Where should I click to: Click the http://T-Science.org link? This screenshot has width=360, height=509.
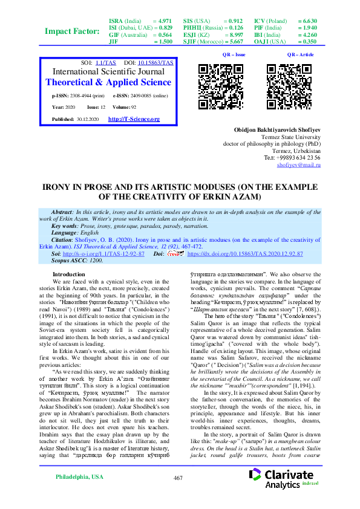pos(134,119)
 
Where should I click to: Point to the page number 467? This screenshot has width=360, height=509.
pos(178,478)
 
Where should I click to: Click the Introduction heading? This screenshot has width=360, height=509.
pos(70,274)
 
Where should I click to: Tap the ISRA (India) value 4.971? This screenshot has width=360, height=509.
pos(163,21)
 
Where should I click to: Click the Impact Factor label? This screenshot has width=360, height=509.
pos(73,31)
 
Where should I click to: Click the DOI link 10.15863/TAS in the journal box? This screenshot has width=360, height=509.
pos(155,62)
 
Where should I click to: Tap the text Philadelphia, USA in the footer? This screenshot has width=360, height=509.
pos(79,477)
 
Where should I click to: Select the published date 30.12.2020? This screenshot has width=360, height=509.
pos(91,120)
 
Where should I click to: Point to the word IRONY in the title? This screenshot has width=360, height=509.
pos(58,187)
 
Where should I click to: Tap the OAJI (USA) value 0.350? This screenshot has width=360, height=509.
pos(308,42)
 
